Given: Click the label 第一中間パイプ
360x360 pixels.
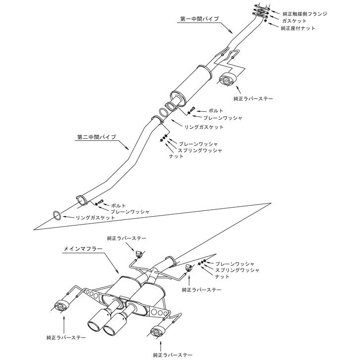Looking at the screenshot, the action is [200, 19].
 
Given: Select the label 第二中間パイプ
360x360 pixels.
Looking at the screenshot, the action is [96, 137].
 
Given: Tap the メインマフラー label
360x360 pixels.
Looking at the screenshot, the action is [83, 248].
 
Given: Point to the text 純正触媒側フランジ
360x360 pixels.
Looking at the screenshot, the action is [304, 14].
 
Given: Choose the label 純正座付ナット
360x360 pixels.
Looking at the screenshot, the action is [298, 28].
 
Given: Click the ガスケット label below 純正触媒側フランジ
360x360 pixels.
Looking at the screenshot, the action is [294, 21].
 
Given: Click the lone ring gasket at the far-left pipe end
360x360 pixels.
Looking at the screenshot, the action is [57, 215].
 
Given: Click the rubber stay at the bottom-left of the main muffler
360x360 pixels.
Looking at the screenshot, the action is [60, 305].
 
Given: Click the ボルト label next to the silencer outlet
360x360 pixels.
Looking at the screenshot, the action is [216, 111].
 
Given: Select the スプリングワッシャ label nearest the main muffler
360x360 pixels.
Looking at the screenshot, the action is [237, 270].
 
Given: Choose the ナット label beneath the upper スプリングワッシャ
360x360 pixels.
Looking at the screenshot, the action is [177, 156].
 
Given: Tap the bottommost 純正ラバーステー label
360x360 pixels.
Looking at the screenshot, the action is [173, 356].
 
